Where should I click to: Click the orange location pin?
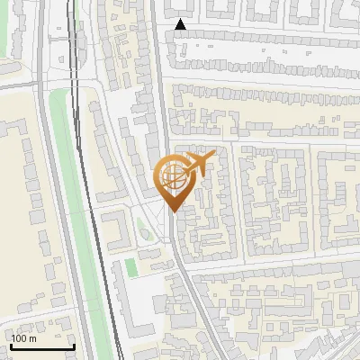175,180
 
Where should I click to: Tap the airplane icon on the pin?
199,164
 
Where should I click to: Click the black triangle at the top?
181,25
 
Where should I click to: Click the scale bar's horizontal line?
42,346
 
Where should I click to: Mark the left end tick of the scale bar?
11,345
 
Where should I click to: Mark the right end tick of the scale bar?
74,345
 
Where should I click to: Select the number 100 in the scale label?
20,338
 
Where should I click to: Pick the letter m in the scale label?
33,338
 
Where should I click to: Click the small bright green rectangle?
131,266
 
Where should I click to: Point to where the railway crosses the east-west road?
76,83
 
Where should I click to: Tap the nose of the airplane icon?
214,157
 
